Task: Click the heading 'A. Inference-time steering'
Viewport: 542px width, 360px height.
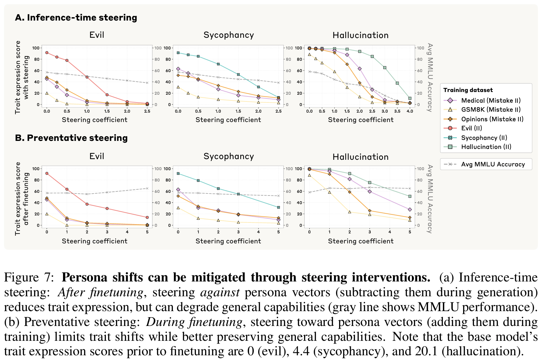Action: click(x=76, y=18)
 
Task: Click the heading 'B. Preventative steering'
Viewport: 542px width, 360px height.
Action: click(x=71, y=138)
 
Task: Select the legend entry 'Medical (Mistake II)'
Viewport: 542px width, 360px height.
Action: click(x=490, y=100)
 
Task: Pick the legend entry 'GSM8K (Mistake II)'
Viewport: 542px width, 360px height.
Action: click(x=490, y=110)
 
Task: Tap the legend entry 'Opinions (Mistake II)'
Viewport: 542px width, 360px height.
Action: click(x=492, y=119)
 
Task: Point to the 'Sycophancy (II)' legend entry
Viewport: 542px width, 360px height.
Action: click(x=484, y=138)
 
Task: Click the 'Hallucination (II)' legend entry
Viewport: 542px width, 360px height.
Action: click(x=486, y=147)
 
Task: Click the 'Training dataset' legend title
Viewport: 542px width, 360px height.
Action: click(x=468, y=90)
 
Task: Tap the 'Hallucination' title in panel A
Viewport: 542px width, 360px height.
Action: click(x=360, y=35)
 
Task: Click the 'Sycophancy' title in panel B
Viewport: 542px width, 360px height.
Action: click(x=229, y=156)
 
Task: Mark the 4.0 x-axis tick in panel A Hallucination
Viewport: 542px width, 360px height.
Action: click(x=410, y=111)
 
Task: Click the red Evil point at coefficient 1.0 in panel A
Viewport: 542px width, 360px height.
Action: click(x=87, y=77)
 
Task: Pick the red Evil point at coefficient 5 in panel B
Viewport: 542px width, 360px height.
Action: click(x=147, y=217)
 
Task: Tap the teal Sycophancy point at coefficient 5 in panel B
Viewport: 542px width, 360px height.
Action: click(x=278, y=207)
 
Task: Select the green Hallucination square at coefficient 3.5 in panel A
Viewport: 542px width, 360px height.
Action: click(x=397, y=83)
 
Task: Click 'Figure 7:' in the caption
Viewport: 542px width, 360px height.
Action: click(x=29, y=277)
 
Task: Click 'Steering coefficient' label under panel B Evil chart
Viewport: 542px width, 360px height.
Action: click(x=94, y=241)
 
